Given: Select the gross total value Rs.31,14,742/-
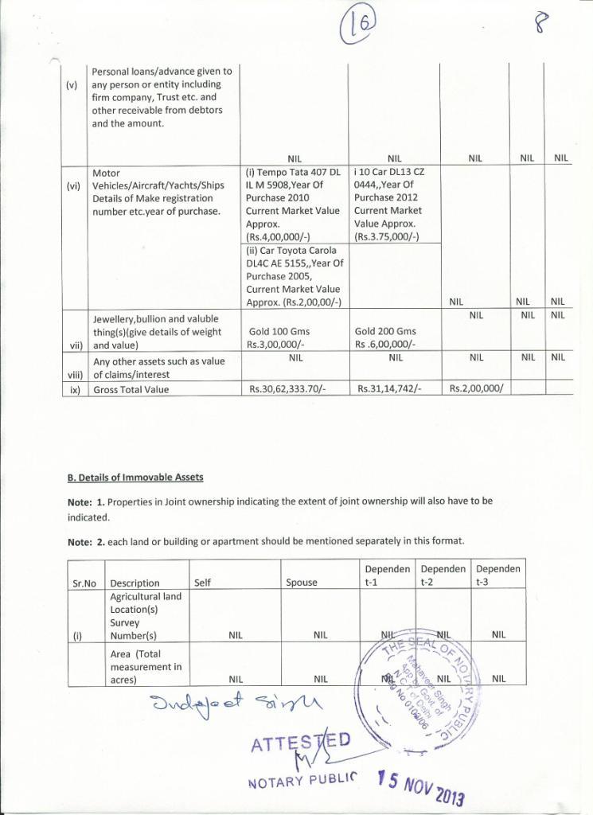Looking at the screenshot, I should coord(390,389).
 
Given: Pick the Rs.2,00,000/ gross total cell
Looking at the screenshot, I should coord(477,389).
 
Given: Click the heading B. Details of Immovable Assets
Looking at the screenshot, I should coord(135,478).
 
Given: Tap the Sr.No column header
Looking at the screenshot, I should coord(84,583).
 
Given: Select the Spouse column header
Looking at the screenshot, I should coord(302,583).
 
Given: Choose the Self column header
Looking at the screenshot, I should coord(203,583).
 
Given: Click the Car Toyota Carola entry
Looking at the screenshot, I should coord(294,275).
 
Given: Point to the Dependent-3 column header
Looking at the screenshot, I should coord(497,575).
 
